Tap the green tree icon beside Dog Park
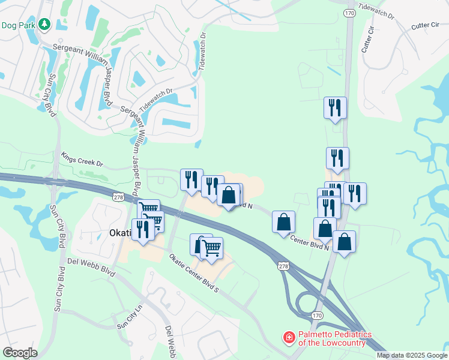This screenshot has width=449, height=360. (44, 25)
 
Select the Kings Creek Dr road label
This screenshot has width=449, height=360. (82, 159)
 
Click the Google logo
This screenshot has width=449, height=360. (20, 353)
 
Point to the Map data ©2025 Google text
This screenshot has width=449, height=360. (412, 355)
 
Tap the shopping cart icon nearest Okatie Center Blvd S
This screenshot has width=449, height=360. (211, 247)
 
